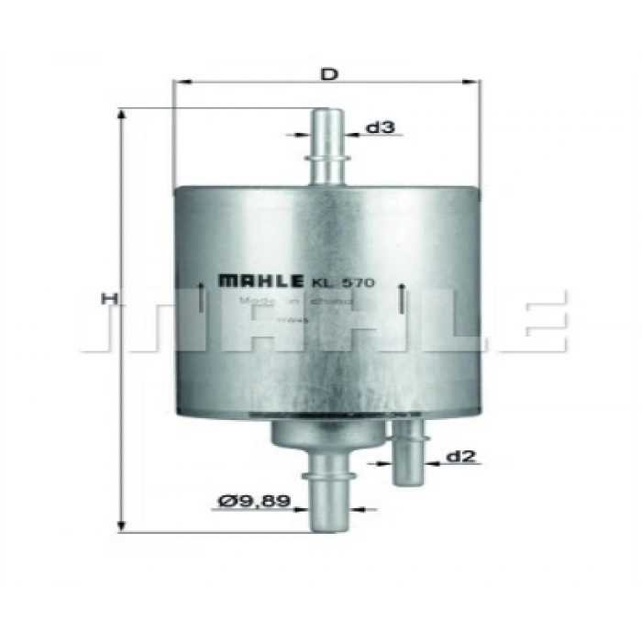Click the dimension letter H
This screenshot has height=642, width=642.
tap(108, 298)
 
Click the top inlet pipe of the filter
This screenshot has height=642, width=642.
tap(327, 147)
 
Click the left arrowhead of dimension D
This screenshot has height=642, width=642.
tap(179, 83)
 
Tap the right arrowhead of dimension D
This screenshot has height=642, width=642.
tap(476, 83)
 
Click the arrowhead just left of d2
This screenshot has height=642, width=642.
tap(430, 464)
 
